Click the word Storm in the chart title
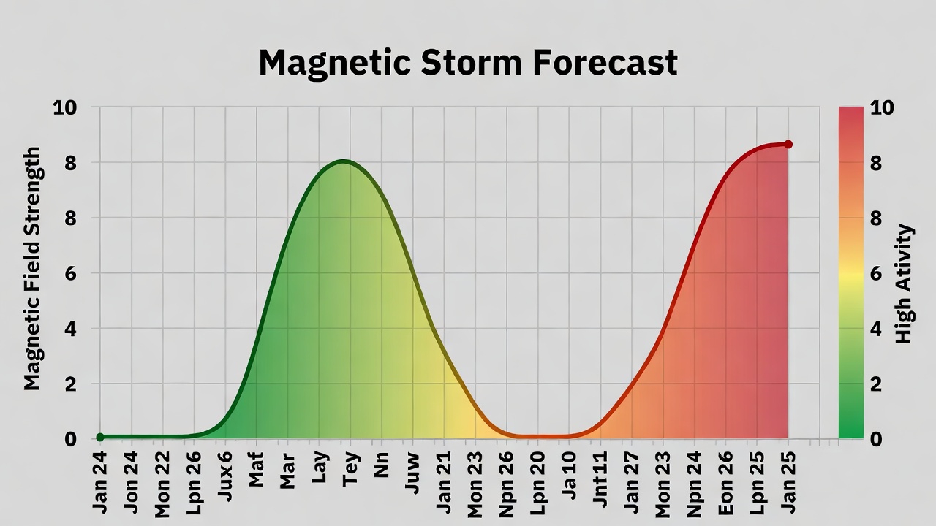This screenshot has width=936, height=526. pos(471,63)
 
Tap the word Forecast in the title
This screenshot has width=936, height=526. pos(605,63)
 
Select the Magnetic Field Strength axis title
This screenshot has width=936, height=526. pos(32,268)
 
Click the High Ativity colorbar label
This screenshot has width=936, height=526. pos(905,283)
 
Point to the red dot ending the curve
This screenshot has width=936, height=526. pos(788,145)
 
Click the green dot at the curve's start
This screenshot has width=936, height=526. pos(100,437)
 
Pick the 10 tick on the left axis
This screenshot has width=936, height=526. pos(65,107)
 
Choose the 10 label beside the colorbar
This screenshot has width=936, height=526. pos(882,108)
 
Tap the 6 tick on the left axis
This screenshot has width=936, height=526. pos(71,273)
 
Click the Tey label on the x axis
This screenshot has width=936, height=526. pos(352,468)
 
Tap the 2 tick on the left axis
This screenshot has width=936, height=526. pos(71,384)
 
